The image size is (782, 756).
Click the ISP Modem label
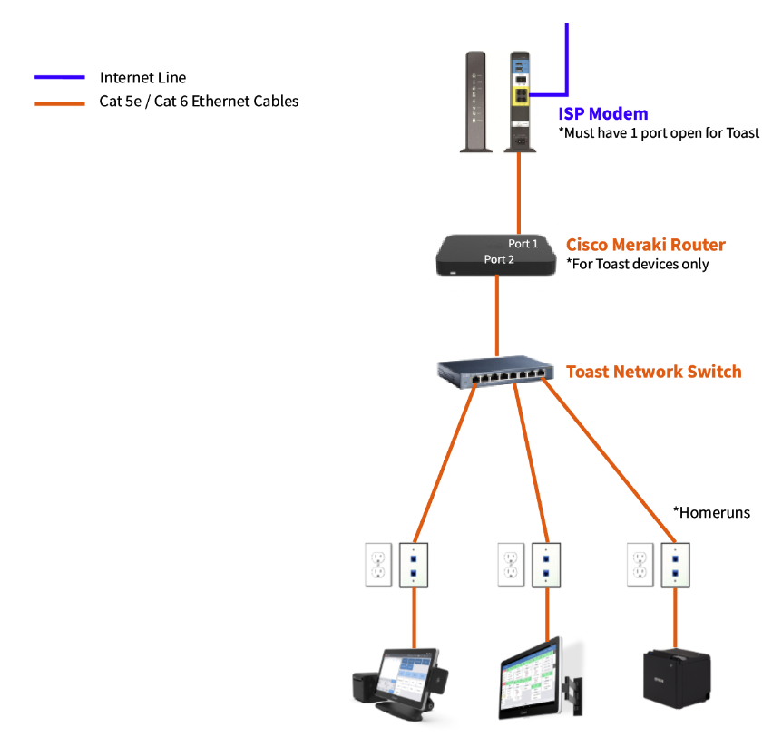point(602,114)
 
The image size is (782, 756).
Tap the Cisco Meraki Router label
point(645,245)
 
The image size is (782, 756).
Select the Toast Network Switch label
point(653,372)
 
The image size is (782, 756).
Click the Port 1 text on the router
point(523,244)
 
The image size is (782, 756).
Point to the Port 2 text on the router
point(499,259)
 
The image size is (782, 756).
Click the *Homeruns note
point(711,512)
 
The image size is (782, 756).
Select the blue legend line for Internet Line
point(60,78)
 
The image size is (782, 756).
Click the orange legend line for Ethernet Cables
point(60,102)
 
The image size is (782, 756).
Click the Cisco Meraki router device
point(495,255)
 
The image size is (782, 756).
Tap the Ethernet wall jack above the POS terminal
point(414,565)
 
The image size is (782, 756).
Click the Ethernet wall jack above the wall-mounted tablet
point(545,565)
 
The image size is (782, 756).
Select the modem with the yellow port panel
point(520,101)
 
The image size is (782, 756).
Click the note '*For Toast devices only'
point(637,265)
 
